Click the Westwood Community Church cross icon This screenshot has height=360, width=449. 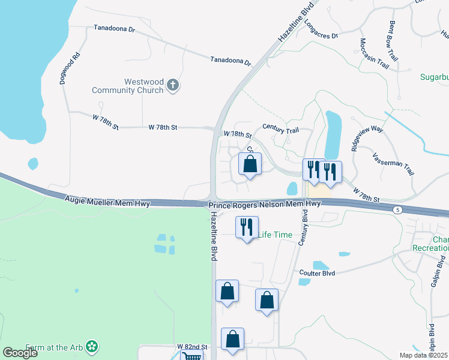[172, 85]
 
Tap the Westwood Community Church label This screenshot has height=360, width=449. [127, 86]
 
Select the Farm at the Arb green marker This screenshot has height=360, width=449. [91, 346]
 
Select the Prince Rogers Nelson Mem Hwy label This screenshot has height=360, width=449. [265, 205]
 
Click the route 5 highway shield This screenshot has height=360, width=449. [397, 209]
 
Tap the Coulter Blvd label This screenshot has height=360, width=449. [316, 273]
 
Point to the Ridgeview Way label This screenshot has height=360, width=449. [367, 140]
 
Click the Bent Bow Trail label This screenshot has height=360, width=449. [394, 41]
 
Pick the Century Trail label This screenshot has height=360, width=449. [280, 128]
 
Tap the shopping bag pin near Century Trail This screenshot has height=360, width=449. [250, 164]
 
